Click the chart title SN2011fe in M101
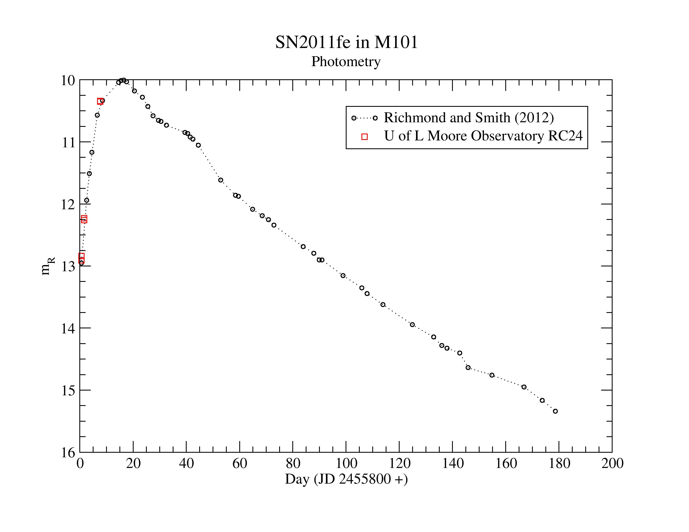346,42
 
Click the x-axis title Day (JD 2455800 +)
346,479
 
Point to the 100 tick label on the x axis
346,464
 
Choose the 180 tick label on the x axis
559,464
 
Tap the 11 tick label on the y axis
68,143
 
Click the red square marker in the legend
364,136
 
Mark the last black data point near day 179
555,411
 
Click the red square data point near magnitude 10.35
100,101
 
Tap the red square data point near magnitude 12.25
84,219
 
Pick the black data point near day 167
524,387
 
